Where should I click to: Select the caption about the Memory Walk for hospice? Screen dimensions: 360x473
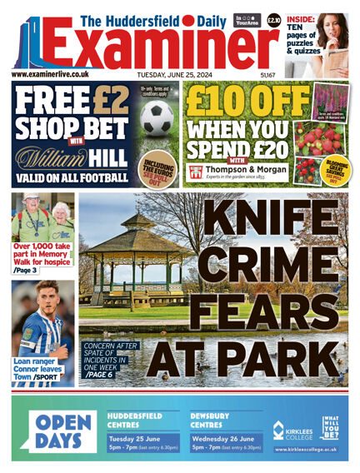click(42, 251)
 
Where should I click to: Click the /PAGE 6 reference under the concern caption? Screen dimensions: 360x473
click(102, 376)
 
